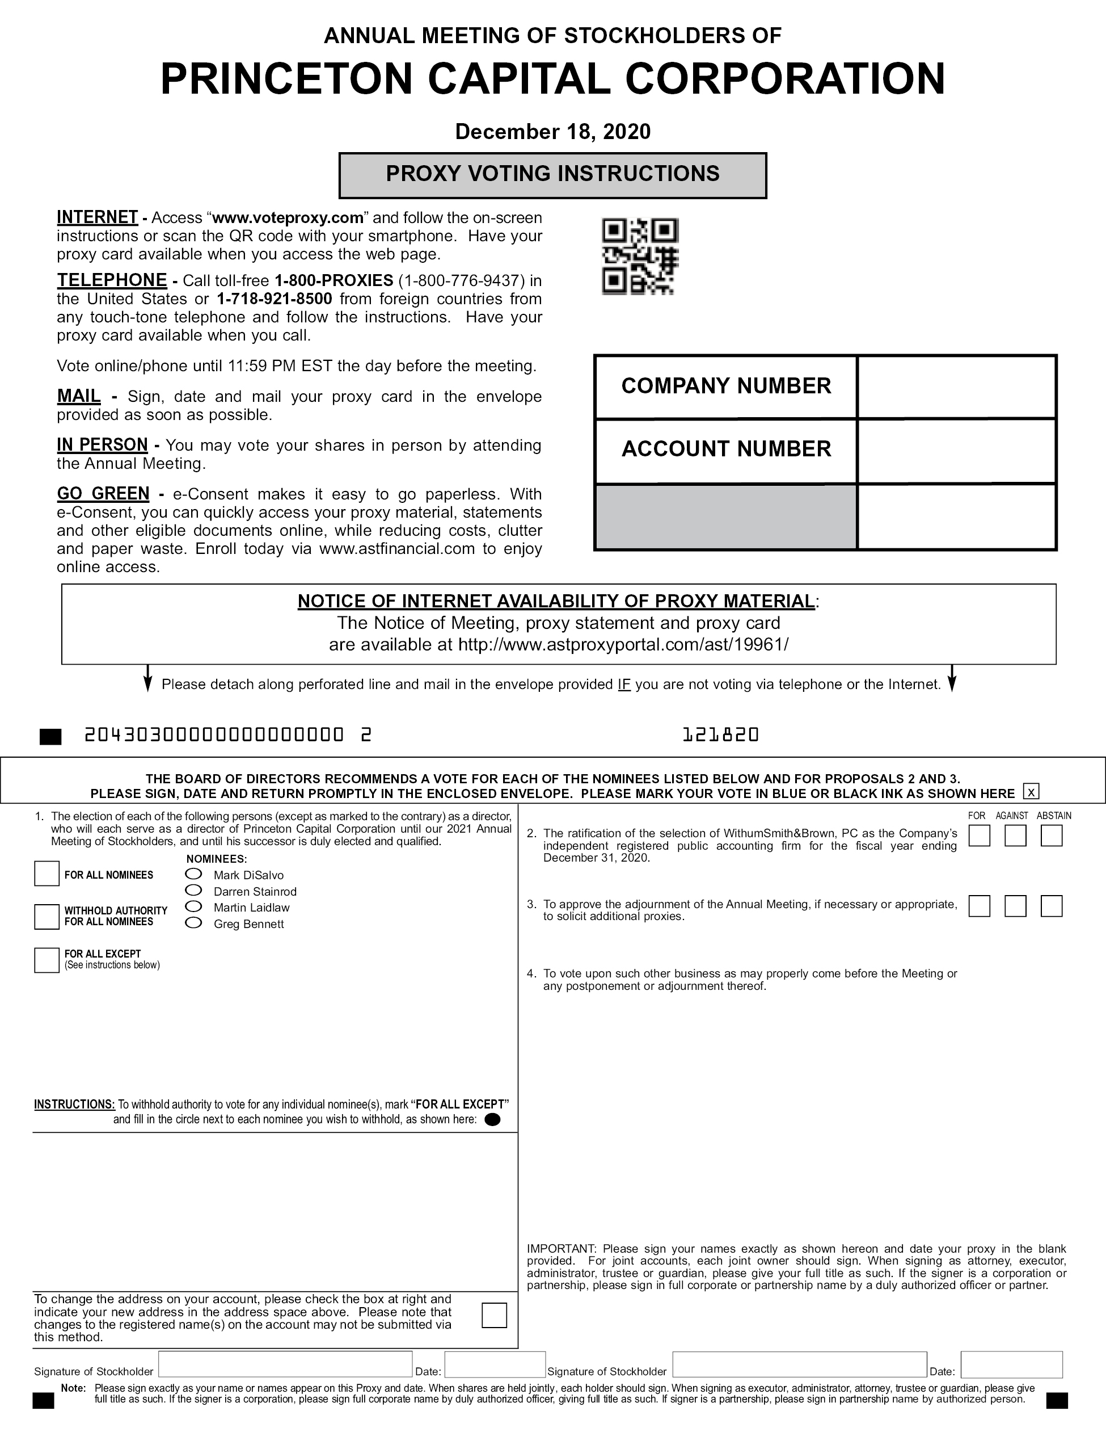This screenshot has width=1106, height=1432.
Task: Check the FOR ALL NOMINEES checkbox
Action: point(47,874)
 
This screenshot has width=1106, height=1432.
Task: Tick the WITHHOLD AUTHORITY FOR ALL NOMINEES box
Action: point(47,916)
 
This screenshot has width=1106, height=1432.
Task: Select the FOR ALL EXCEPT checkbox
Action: point(47,960)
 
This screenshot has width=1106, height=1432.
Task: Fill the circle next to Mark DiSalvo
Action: point(194,874)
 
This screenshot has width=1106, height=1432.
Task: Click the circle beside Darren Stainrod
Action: point(194,891)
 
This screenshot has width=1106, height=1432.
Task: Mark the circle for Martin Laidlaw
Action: point(194,907)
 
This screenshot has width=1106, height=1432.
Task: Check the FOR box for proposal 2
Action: point(979,836)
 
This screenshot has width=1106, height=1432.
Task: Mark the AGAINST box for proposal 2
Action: point(1015,836)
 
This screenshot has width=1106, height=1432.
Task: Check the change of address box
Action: point(494,1315)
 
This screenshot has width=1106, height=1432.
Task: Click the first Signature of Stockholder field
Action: point(285,1364)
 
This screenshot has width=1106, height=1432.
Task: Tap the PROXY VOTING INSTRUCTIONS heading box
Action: point(552,175)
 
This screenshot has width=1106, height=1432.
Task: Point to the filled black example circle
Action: point(492,1120)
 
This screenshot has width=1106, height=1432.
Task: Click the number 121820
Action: point(720,735)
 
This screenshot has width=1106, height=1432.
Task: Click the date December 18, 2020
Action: point(552,132)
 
